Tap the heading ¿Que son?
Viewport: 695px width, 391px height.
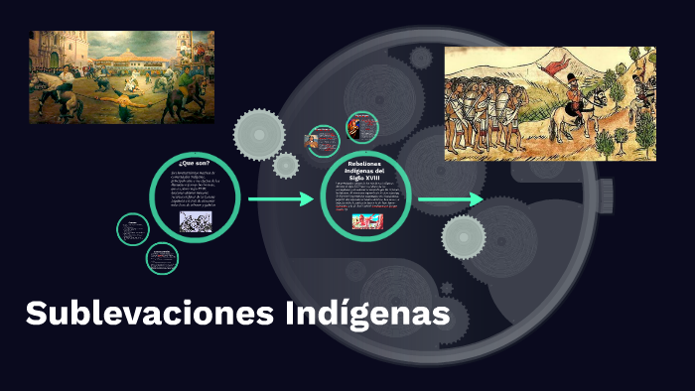(x=195, y=162)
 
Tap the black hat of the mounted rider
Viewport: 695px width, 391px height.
(x=570, y=78)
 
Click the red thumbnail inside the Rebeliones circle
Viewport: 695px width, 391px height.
(x=366, y=221)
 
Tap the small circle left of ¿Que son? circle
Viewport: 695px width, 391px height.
(x=132, y=229)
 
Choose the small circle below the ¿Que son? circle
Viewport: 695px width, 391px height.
(x=162, y=259)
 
